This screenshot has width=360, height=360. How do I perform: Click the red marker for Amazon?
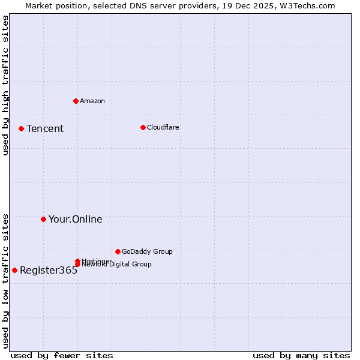pos(76,101)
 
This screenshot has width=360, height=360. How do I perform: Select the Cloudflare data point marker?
pos(143,127)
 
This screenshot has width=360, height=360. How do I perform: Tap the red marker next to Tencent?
pos(21,128)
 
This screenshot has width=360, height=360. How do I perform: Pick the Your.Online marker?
pos(43,219)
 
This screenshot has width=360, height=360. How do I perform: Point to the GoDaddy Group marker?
pos(118,251)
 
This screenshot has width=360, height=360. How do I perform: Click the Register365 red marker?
pos(14,270)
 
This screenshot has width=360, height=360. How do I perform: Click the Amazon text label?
pos(92,101)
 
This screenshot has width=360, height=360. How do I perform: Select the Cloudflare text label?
pos(163,127)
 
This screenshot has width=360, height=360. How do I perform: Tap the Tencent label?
pos(45,128)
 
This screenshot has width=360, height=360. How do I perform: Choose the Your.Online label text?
pos(76,219)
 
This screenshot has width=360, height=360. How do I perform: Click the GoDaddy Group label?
pos(147,251)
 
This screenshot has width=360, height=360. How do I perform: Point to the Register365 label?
pos(49,270)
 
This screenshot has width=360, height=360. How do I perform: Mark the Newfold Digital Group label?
pos(117,265)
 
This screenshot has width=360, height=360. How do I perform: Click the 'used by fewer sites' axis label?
pos(62,355)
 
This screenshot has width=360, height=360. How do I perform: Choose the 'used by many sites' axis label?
pos(301,355)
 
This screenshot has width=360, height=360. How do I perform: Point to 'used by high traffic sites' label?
pos(5,85)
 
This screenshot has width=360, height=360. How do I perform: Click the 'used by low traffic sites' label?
pos(5,281)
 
